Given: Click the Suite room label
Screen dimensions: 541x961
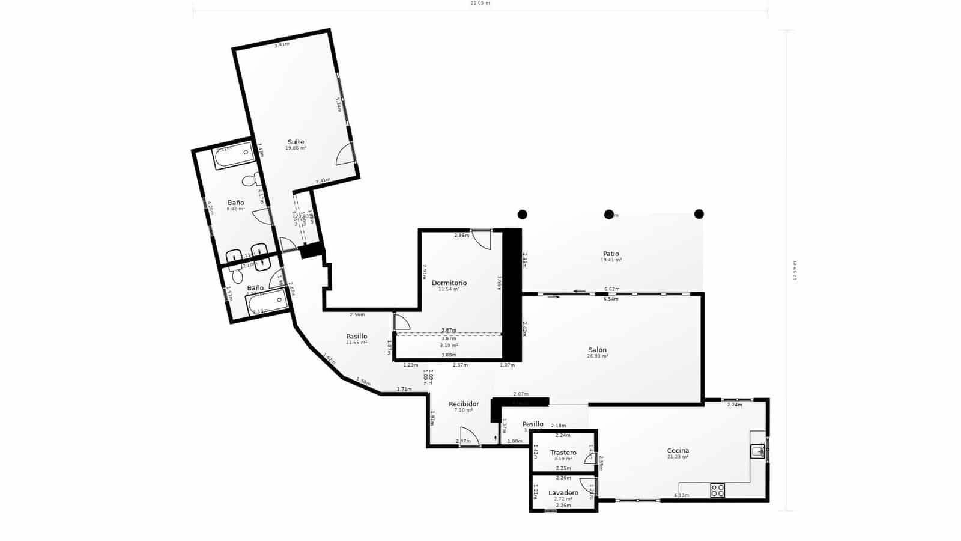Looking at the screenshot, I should click(296, 142).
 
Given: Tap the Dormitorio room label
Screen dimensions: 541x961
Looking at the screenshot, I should click(449, 283).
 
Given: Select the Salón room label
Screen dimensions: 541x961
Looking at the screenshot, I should click(597, 350).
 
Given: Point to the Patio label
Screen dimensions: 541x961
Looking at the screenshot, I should click(611, 254).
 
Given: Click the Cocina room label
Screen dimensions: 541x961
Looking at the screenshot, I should click(678, 451).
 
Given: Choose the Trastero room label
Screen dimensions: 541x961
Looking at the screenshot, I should click(563, 453).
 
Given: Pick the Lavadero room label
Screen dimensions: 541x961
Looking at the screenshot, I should click(563, 493).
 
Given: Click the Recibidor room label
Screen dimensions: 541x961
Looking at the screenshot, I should click(464, 404).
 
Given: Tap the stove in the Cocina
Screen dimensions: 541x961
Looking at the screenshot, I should click(717, 490).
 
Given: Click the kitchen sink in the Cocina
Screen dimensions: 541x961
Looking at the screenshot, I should click(757, 451).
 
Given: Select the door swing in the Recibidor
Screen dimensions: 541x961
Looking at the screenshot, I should click(468, 436).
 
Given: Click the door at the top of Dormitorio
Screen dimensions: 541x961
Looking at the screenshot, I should click(482, 239).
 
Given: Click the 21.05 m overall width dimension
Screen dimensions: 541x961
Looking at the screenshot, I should click(479, 3).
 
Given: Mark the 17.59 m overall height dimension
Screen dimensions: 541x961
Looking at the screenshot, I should click(795, 270).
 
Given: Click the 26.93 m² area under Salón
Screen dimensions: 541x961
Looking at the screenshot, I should click(597, 356).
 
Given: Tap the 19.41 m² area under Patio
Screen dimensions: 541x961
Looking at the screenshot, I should click(611, 260).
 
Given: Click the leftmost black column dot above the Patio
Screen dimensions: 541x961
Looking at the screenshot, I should click(523, 214).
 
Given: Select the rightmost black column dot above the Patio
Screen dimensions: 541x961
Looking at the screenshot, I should click(699, 214).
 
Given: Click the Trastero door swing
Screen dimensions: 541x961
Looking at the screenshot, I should click(590, 458).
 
